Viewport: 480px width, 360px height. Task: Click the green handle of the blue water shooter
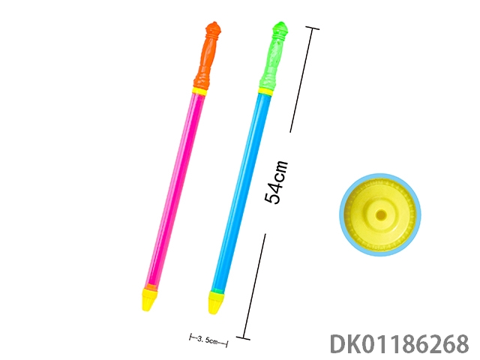273,55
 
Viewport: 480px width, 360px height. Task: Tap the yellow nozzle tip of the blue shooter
217,303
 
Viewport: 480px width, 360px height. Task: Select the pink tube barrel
175,189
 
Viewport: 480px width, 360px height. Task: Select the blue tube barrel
241,192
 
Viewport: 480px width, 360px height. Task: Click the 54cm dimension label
276,181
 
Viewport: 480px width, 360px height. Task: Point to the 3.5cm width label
208,340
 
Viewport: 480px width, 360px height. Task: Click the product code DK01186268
399,344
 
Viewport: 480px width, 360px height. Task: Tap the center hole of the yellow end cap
381,215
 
